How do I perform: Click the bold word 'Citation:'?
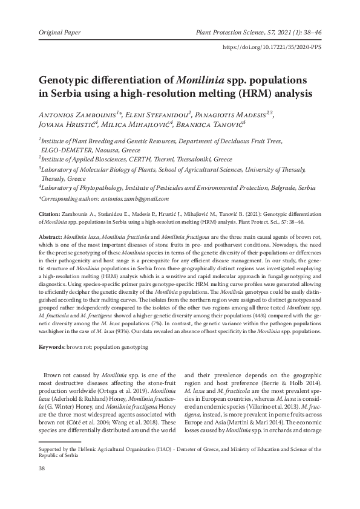(x=48, y=214)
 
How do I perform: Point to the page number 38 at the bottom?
(x=42, y=468)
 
